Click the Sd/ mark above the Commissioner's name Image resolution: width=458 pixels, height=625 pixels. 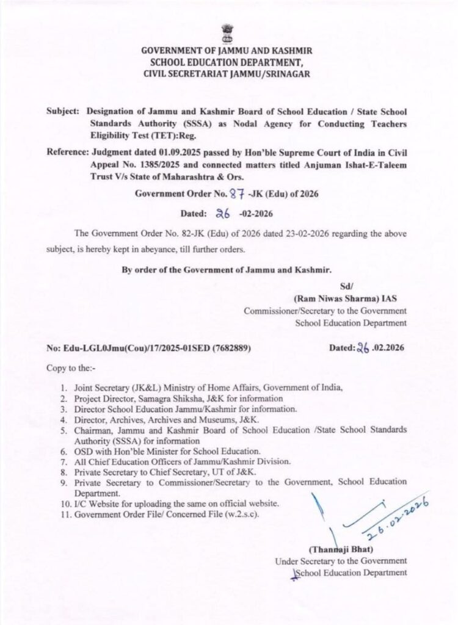346,286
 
